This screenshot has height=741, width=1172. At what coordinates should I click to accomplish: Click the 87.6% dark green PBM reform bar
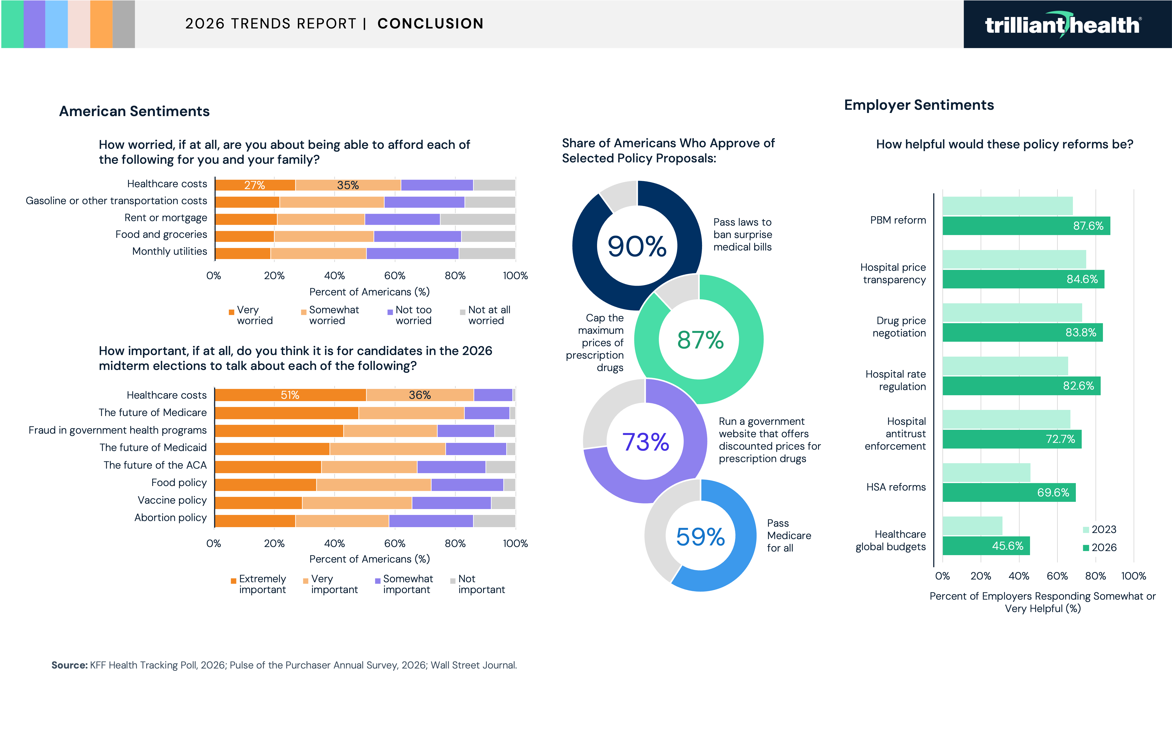[x=1026, y=226]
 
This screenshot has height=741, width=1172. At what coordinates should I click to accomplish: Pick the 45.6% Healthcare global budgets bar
[x=986, y=546]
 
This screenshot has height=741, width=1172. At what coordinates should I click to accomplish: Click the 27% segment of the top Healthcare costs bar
[x=255, y=185]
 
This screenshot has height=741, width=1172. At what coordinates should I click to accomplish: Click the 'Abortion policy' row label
[x=170, y=518]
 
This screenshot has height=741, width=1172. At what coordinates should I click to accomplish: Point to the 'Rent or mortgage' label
[x=165, y=218]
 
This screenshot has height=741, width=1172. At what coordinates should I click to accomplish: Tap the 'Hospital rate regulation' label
[x=895, y=380]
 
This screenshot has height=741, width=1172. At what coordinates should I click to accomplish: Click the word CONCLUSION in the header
[x=430, y=24]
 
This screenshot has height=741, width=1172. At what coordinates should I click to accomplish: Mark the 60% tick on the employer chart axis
[x=1057, y=576]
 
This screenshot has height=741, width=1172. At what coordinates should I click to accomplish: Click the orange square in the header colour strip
[x=101, y=24]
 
